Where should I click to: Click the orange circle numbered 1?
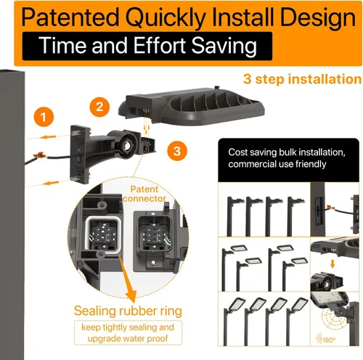pyautogui.click(x=44, y=117)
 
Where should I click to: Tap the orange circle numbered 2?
pyautogui.click(x=99, y=107)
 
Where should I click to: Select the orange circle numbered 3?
pyautogui.click(x=177, y=151)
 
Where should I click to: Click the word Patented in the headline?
pyautogui.click(x=70, y=17)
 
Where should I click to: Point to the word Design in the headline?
pyautogui.click(x=318, y=18)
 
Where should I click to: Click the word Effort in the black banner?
pyautogui.click(x=159, y=46)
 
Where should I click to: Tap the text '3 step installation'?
pyautogui.click(x=302, y=79)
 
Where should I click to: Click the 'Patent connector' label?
pyautogui.click(x=144, y=194)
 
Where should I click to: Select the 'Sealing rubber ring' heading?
pyautogui.click(x=128, y=311)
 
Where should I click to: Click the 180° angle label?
pyautogui.click(x=329, y=340)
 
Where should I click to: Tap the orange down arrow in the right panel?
pyautogui.click(x=333, y=263)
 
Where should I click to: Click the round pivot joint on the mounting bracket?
pyautogui.click(x=126, y=145)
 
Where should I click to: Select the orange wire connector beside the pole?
pyautogui.click(x=40, y=155)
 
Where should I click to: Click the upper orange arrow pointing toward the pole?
pyautogui.click(x=48, y=137)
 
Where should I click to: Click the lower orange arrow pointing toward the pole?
pyautogui.click(x=51, y=183)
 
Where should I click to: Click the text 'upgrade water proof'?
pyautogui.click(x=128, y=338)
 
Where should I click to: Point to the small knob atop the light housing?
pyautogui.click(x=217, y=87)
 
